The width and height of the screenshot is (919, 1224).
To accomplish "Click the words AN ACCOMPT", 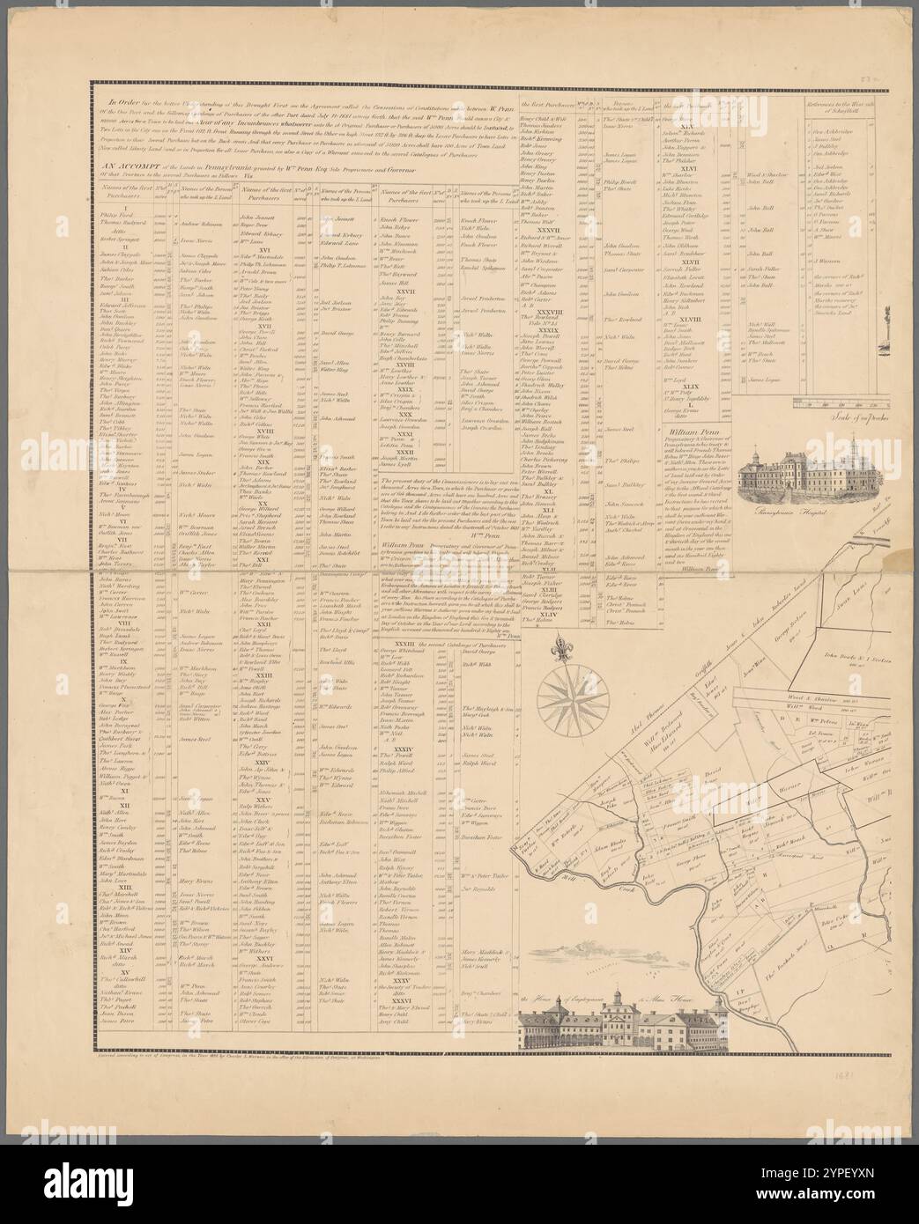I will pos(116,164).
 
